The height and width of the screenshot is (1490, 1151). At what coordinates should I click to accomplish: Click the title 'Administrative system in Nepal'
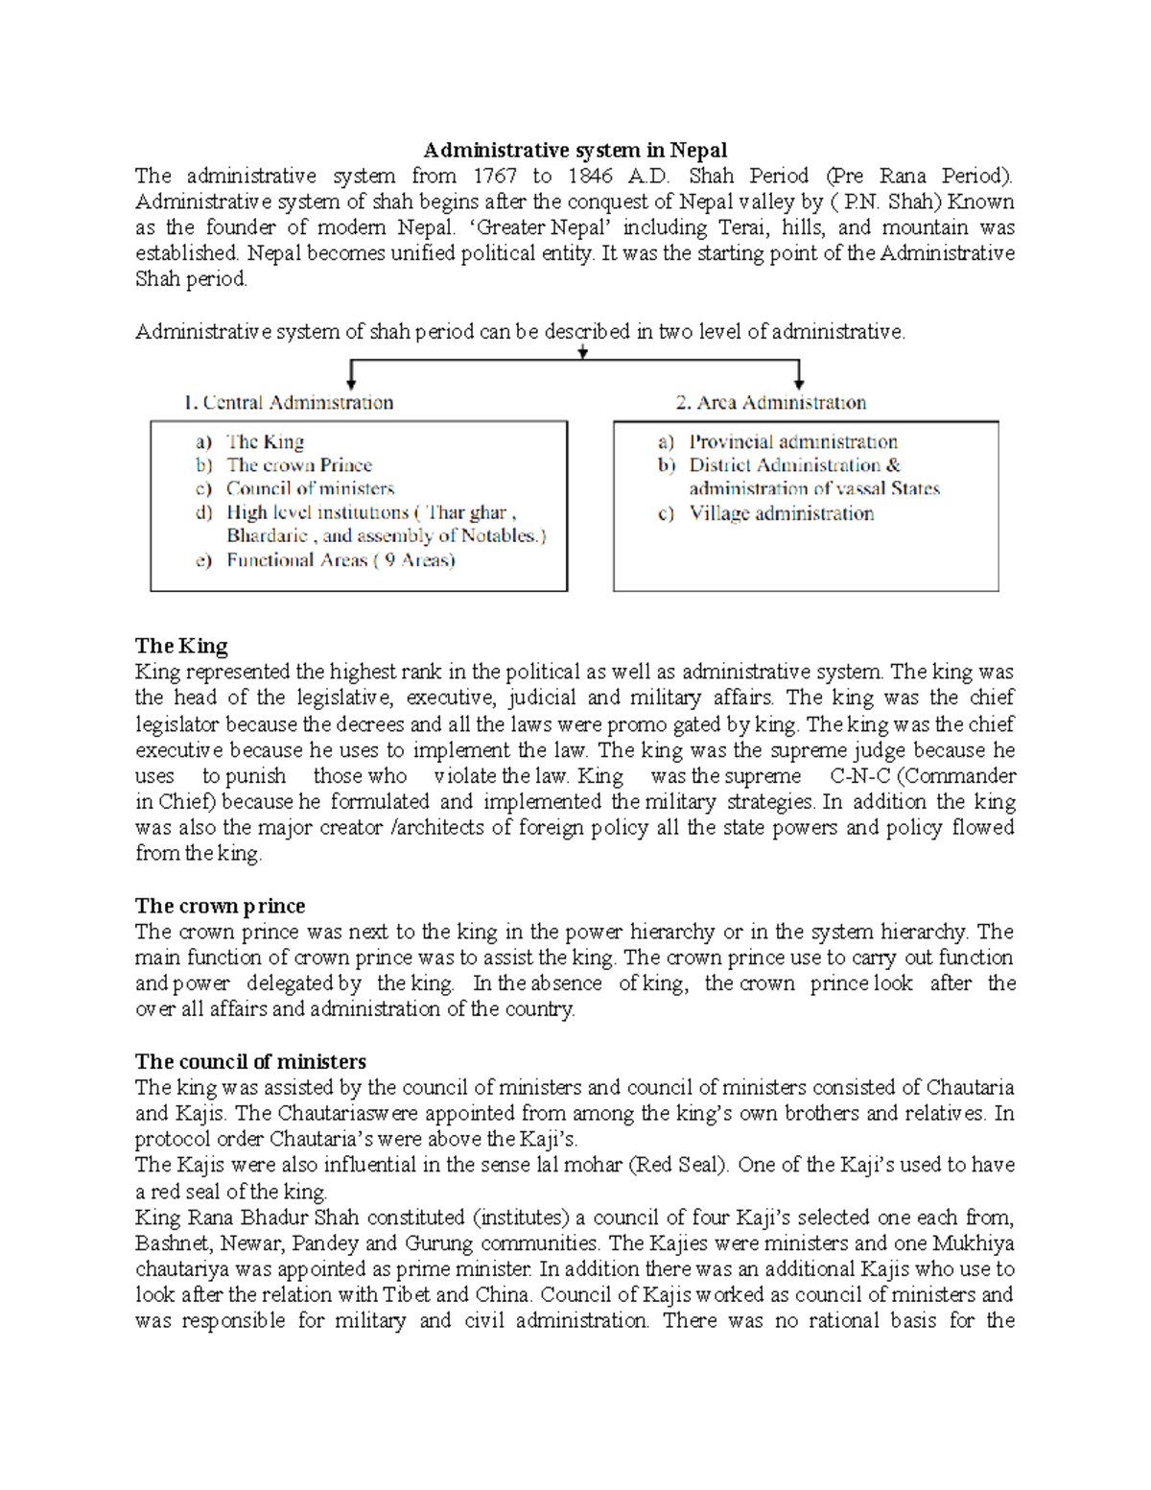[x=575, y=150]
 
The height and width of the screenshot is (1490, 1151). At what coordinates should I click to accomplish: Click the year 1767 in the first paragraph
[x=495, y=176]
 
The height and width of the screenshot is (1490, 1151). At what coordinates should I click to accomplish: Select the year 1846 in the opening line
[x=590, y=176]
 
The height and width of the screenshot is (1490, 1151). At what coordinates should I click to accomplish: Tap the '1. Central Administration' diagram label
[x=288, y=402]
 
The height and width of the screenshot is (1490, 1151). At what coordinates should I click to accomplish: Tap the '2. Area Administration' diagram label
[x=770, y=402]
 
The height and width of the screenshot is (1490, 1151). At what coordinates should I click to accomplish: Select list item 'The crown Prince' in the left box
[x=298, y=465]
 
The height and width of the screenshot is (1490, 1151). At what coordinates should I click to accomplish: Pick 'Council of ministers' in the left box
[x=310, y=488]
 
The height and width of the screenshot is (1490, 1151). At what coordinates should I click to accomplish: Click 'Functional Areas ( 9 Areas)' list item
[x=341, y=560]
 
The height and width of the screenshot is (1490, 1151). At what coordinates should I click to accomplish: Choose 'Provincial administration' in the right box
[x=793, y=441]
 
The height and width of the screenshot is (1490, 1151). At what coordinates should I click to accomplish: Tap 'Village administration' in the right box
[x=781, y=513]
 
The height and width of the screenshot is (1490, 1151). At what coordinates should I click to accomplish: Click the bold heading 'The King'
[x=181, y=646]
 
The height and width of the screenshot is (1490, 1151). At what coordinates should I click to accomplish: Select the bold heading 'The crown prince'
[x=220, y=906]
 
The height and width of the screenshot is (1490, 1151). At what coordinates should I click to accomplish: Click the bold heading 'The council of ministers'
[x=250, y=1061]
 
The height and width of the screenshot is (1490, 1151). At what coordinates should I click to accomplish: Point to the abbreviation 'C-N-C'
[x=859, y=776]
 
